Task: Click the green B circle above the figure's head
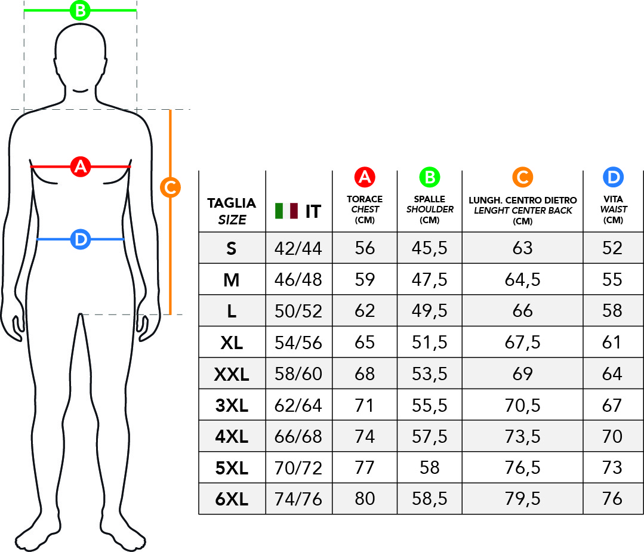click(x=80, y=10)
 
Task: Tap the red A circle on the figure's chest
click(x=80, y=166)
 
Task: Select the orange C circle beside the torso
click(x=171, y=187)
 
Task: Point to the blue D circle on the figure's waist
click(x=80, y=239)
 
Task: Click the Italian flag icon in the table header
click(x=286, y=211)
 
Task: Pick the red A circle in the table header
click(x=365, y=177)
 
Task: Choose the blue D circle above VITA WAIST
click(x=613, y=177)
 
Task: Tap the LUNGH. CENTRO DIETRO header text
click(x=522, y=200)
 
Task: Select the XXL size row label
click(x=232, y=374)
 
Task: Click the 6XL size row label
click(x=232, y=499)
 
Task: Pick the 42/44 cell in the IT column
click(x=298, y=248)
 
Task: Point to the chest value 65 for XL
click(x=365, y=343)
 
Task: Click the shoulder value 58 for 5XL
click(x=430, y=467)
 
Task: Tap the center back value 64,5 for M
click(x=522, y=280)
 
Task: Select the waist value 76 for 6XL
click(x=612, y=499)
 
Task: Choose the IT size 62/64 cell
click(x=298, y=406)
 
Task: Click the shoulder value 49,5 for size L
click(x=430, y=311)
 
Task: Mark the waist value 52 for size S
click(x=612, y=248)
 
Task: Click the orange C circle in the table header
click(x=522, y=177)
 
